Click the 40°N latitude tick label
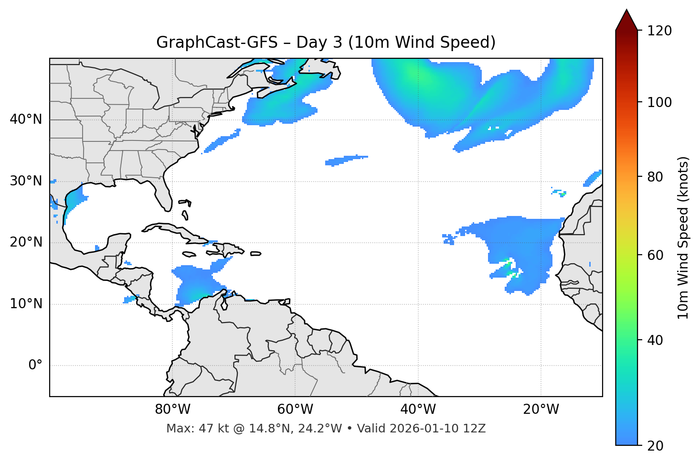click(x=26, y=119)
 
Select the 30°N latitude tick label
click(x=26, y=181)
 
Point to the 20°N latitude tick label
click(x=26, y=242)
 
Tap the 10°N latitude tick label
click(x=26, y=304)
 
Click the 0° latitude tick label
click(x=35, y=366)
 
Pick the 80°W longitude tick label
click(x=172, y=409)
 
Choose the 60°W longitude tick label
click(x=295, y=409)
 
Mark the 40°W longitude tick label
click(x=418, y=409)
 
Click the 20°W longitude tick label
click(x=541, y=409)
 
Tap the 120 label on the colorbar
click(x=659, y=31)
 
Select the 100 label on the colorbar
click(x=659, y=102)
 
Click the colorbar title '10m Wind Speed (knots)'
click(x=683, y=238)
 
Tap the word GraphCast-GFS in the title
click(x=217, y=43)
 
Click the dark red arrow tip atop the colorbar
click(x=626, y=19)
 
